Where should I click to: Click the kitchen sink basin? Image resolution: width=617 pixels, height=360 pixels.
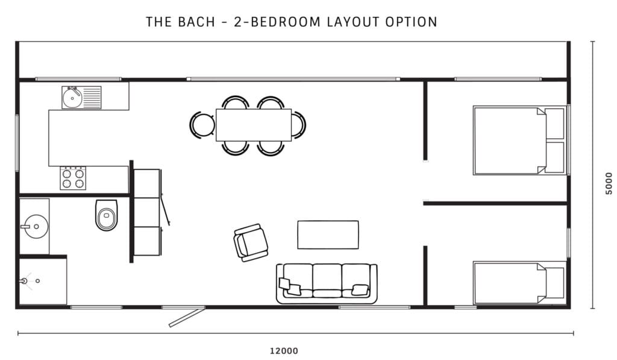(x=72, y=98)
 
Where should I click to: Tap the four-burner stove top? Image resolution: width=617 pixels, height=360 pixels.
(x=72, y=178)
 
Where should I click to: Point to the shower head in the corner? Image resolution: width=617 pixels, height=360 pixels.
(x=25, y=280)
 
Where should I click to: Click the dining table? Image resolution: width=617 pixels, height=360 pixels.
(x=253, y=125)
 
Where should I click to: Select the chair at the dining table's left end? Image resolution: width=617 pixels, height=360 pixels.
(x=202, y=125)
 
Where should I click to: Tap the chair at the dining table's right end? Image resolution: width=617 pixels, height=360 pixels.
(x=299, y=125)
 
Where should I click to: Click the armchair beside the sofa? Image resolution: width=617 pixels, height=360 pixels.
(x=250, y=242)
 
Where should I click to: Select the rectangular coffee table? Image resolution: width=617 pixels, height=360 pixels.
(x=328, y=235)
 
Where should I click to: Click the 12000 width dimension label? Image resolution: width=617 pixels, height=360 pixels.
(x=283, y=350)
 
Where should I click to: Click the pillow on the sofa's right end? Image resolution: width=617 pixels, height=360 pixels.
(x=360, y=290)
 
